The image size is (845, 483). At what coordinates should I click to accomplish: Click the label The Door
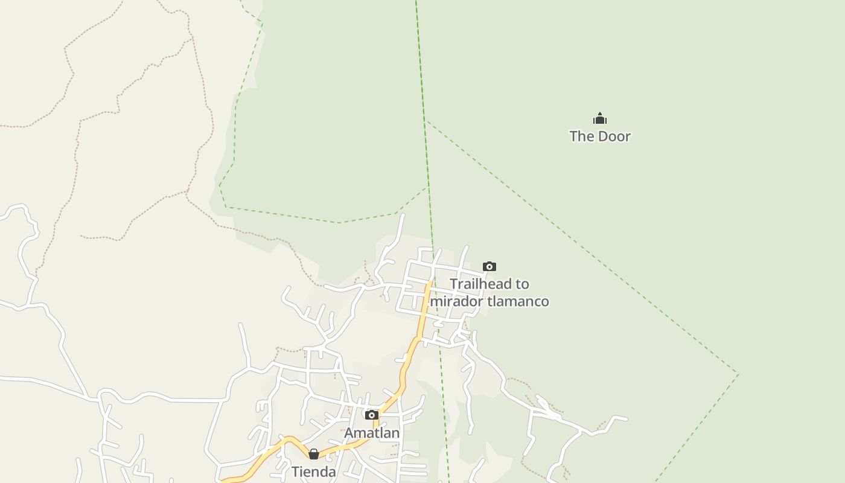[x=599, y=136]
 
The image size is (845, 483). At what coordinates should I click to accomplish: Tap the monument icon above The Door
[x=599, y=118]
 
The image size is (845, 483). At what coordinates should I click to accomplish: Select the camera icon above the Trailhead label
[x=489, y=266]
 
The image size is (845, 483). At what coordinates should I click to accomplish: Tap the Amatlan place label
[x=372, y=433]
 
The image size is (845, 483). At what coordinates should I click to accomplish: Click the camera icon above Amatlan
[x=372, y=415]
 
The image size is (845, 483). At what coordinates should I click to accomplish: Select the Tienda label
[x=313, y=472]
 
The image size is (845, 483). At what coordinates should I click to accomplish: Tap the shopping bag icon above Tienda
[x=313, y=454]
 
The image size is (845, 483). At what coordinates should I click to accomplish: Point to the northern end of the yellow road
[x=430, y=281]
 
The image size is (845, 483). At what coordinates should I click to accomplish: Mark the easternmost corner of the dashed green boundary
[x=738, y=374]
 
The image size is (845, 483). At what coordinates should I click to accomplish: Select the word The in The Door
[x=582, y=136]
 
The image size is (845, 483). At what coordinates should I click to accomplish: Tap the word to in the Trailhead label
[x=522, y=284]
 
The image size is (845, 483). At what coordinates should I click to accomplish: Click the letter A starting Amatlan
[x=349, y=433]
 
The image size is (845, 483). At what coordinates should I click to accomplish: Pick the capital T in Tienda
[x=296, y=472]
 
